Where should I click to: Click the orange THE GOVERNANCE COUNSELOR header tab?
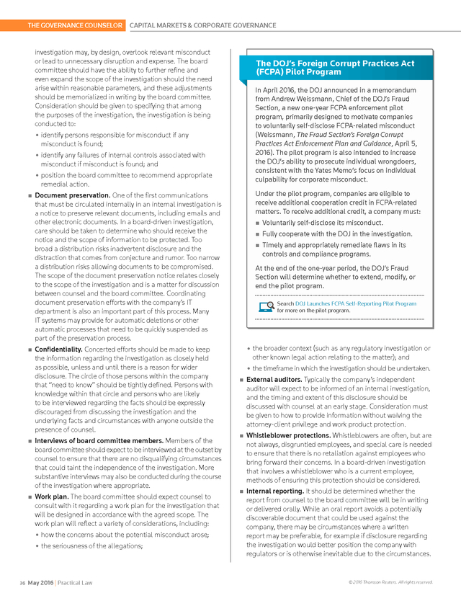click(74, 25)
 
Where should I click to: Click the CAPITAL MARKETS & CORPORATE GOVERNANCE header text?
click(202, 25)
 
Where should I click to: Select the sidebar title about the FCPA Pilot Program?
click(335, 68)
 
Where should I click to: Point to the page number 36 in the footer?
click(23, 582)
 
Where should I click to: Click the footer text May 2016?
click(42, 582)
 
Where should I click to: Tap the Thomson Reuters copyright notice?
click(390, 582)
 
